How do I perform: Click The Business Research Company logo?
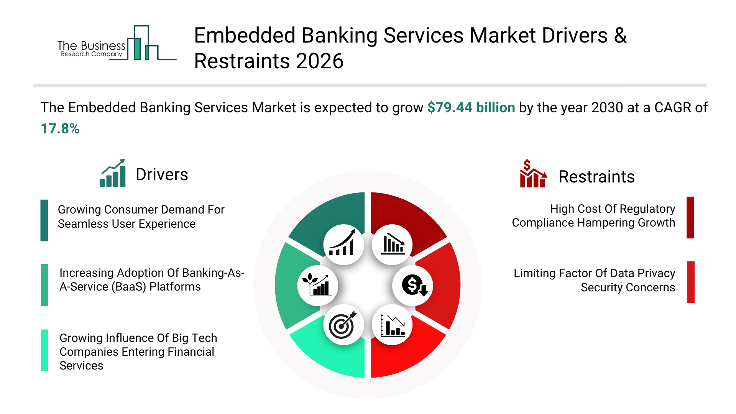[117, 43]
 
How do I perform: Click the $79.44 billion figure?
[471, 108]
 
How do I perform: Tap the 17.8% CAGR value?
[60, 129]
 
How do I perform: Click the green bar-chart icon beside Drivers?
[112, 173]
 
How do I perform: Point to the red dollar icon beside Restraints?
[533, 174]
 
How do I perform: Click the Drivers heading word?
[162, 175]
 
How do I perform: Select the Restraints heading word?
[596, 177]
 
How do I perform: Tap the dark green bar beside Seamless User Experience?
[44, 220]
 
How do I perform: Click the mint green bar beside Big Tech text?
[45, 350]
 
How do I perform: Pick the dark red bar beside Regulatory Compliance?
[690, 217]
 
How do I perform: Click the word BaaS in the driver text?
[129, 287]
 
